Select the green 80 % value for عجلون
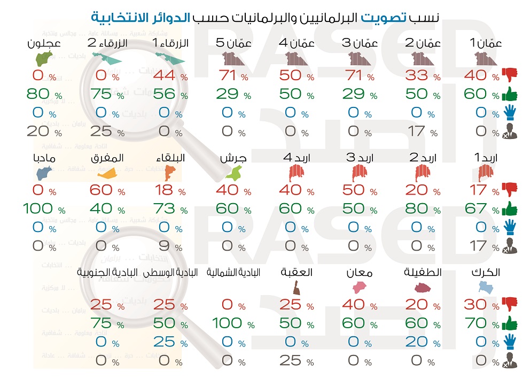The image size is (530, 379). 43,95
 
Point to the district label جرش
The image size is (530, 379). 233,159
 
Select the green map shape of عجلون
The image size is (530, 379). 42,57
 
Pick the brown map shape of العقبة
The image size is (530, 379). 295,289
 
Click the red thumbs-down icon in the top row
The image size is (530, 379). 510,74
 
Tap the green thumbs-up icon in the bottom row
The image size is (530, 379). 510,323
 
